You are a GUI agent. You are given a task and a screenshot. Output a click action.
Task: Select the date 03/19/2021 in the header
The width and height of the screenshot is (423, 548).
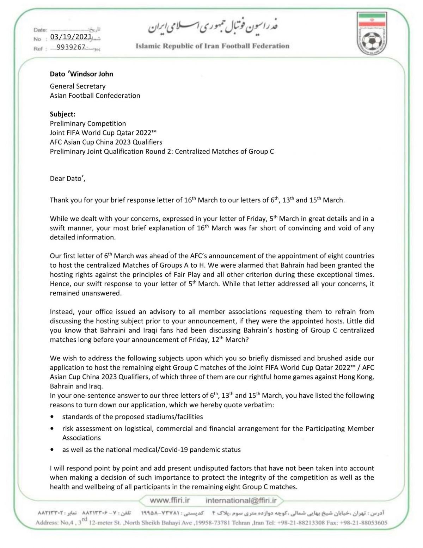pyautogui.click(x=71, y=37)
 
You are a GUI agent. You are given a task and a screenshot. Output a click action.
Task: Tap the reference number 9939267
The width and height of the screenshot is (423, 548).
pyautogui.click(x=71, y=47)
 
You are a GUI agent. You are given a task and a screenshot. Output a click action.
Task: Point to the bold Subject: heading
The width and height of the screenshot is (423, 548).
pyautogui.click(x=62, y=114)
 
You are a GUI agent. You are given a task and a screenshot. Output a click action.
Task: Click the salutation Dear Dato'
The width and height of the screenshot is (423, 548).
pyautogui.click(x=67, y=178)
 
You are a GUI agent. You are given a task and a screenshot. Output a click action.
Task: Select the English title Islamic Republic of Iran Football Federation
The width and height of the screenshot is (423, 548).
pyautogui.click(x=212, y=46)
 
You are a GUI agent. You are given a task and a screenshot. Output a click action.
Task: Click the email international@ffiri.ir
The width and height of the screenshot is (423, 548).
pyautogui.click(x=241, y=500)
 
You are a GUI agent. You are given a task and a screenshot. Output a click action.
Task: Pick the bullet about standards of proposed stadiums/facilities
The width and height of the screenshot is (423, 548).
pyautogui.click(x=133, y=417)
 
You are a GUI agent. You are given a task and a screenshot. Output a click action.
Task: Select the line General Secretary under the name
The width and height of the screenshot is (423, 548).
pyautogui.click(x=78, y=86)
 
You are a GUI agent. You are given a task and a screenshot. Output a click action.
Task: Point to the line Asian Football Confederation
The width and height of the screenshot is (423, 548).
pyautogui.click(x=95, y=96)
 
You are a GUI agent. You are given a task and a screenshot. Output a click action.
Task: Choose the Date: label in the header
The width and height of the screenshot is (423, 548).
pyautogui.click(x=40, y=30)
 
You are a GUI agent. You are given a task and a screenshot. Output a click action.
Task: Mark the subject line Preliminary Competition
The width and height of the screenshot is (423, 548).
pyautogui.click(x=88, y=124)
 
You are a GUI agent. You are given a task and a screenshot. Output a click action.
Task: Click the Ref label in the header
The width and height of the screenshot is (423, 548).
pyautogui.click(x=38, y=49)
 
